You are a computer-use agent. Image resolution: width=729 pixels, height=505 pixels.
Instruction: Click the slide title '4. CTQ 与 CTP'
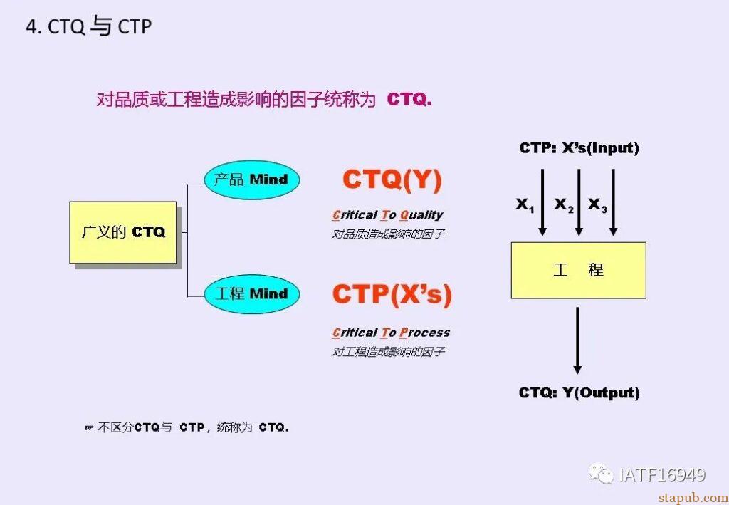coord(88,27)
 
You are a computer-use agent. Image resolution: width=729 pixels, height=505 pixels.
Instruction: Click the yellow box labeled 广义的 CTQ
coord(122,232)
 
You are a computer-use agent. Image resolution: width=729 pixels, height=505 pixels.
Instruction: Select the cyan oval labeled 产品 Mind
coord(251,179)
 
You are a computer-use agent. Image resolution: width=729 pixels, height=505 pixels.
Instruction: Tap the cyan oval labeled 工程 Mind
coord(251,293)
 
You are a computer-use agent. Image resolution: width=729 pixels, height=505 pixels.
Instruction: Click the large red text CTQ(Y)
coord(392,179)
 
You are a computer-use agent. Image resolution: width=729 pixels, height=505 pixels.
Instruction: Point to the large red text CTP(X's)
coord(392,294)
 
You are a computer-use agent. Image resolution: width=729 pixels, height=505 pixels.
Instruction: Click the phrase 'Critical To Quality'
coord(387,214)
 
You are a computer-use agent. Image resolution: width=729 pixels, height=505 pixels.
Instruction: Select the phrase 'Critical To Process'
coord(391,333)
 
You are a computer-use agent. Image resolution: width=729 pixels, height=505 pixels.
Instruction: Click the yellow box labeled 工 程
coord(578,270)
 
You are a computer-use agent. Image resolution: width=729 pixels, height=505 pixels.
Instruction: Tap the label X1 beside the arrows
coord(525,205)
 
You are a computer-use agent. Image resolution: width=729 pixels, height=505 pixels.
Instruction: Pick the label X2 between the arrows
coord(564,205)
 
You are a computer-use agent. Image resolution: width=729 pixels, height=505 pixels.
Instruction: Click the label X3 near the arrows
coord(597,205)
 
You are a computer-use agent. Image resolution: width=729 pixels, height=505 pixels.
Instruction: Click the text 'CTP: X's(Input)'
coord(579,148)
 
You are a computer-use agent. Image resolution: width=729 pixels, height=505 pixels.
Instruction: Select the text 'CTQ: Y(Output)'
coord(579,392)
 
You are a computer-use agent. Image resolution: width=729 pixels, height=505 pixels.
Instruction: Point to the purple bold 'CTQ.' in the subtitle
coord(409,100)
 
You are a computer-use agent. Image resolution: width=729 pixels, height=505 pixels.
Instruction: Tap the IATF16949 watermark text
coord(662,474)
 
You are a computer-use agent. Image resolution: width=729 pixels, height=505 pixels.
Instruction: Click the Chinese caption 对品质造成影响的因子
coord(388,234)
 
